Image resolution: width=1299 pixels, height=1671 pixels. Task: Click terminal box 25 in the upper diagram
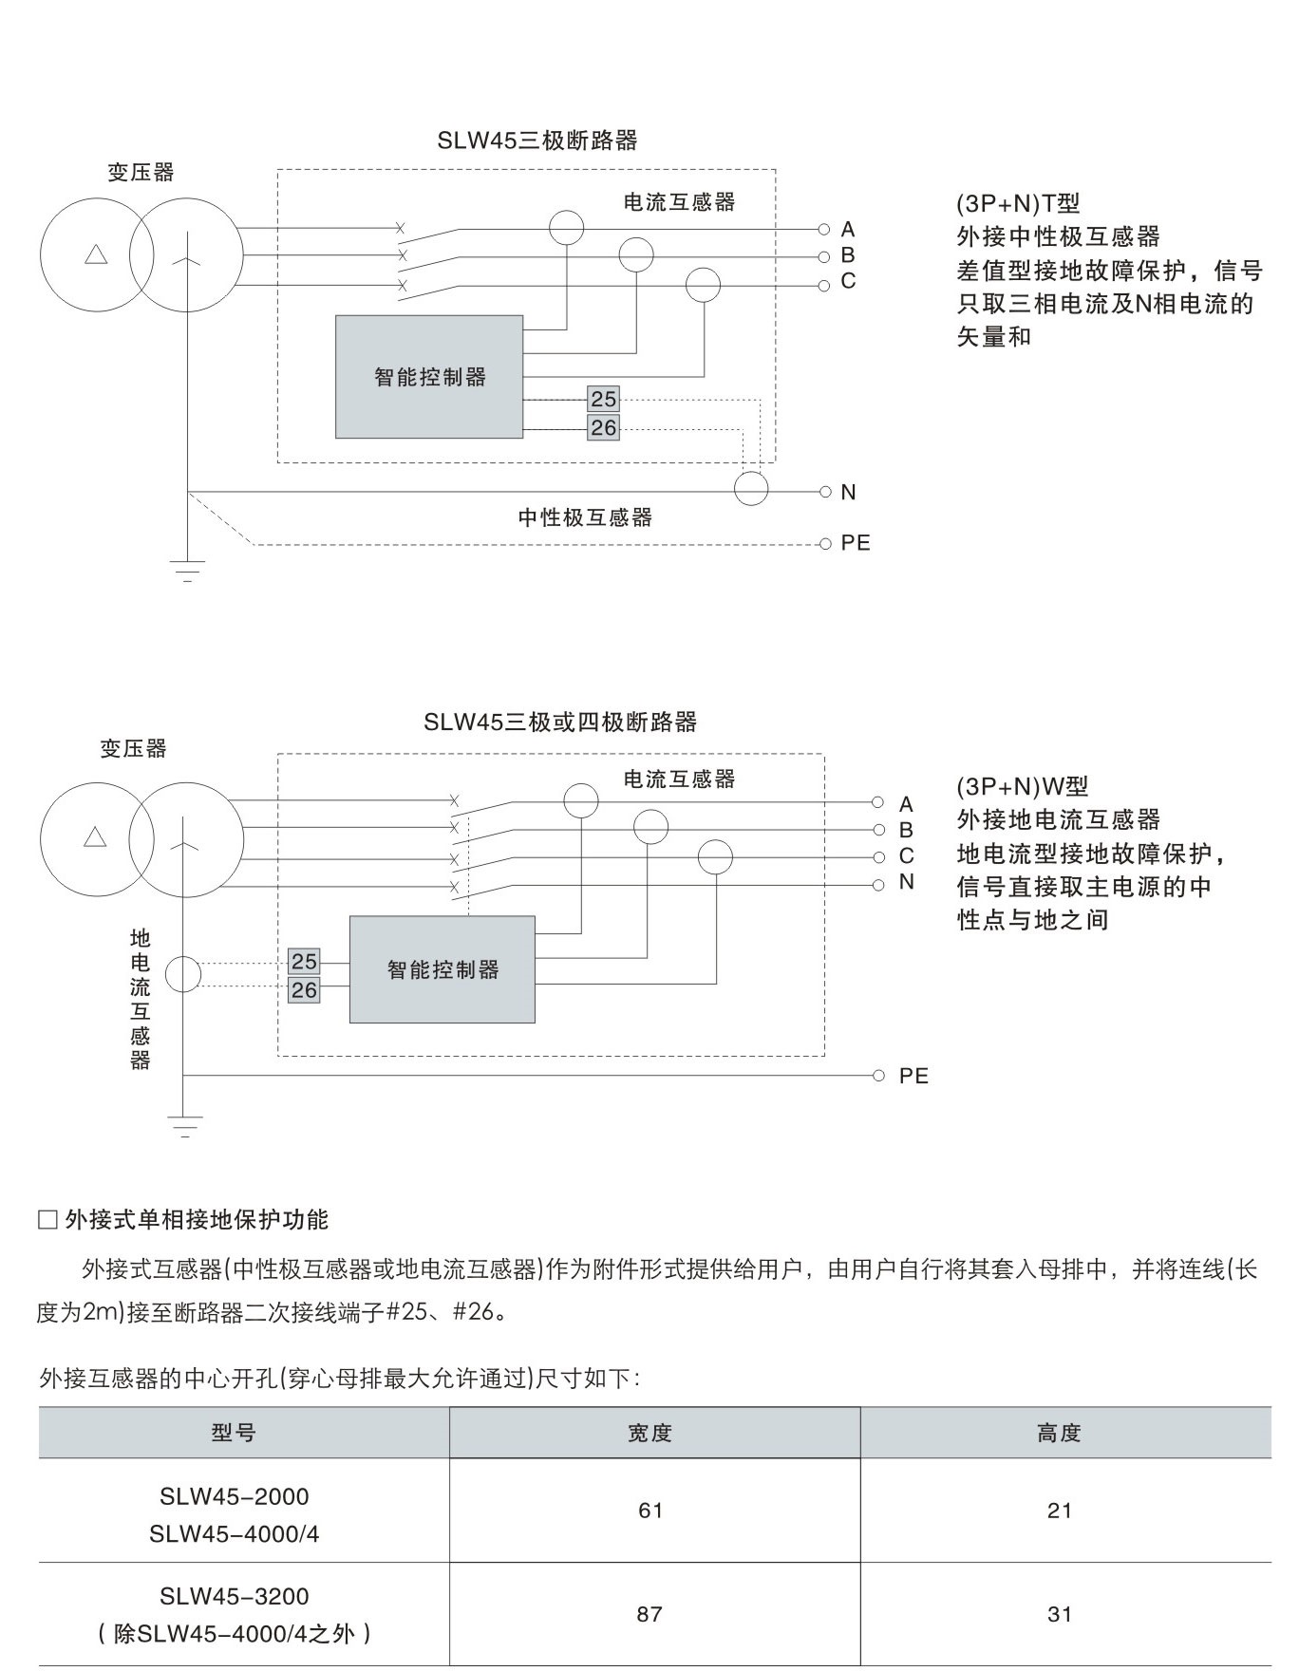[603, 399]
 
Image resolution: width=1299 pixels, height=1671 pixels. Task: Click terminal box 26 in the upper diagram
[603, 427]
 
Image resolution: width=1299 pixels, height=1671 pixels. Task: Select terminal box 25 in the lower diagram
[304, 961]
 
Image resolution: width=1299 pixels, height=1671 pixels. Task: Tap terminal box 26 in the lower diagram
[304, 990]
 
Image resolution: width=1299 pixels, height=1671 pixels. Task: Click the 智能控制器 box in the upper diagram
[429, 377]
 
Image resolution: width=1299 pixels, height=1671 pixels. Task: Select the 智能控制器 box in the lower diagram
[442, 969]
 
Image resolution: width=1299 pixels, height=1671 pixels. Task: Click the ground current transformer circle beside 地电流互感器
[183, 974]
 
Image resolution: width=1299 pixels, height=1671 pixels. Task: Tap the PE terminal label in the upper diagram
[855, 543]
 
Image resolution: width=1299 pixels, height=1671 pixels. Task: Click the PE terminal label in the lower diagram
[913, 1076]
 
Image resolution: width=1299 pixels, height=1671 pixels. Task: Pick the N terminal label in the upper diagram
[848, 492]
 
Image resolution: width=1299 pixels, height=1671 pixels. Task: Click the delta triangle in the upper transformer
[96, 254]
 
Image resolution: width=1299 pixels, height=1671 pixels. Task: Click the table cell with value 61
[650, 1511]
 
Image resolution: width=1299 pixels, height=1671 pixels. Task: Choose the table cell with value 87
[650, 1614]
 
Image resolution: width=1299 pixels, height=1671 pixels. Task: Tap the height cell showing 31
[1060, 1614]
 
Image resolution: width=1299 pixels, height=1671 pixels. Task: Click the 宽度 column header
[650, 1433]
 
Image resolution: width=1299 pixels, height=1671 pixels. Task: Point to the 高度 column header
[1060, 1433]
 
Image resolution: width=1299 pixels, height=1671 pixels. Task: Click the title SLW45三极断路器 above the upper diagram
[537, 141]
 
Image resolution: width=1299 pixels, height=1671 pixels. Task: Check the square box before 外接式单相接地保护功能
[47, 1220]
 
